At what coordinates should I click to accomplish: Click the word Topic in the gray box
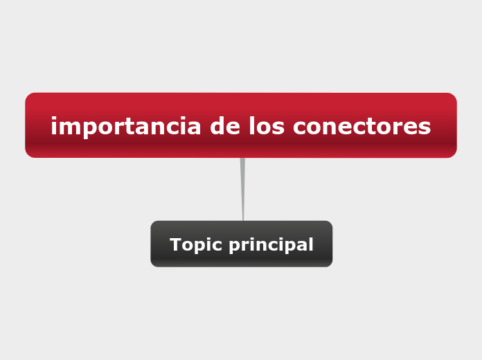[195, 245]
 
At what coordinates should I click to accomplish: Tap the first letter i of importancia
[54, 127]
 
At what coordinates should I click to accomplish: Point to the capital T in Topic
[175, 245]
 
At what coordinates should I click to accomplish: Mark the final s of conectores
[425, 127]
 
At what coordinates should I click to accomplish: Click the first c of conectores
[299, 127]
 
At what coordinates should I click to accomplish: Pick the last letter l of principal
[310, 244]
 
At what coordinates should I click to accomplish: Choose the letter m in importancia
[67, 127]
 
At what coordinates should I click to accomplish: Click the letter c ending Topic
[217, 246]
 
